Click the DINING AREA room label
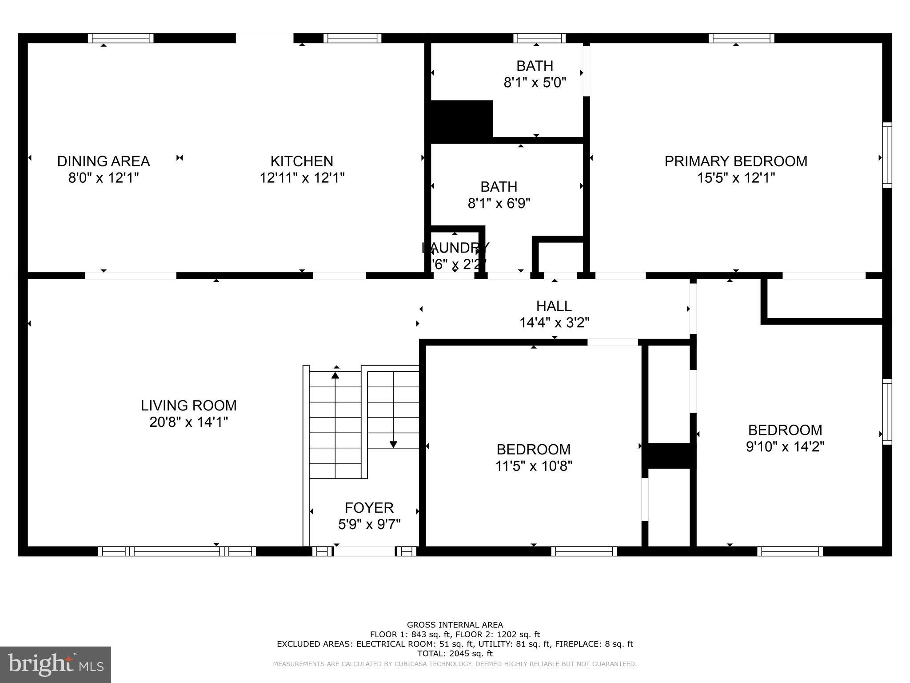click(103, 161)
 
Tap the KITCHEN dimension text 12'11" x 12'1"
click(302, 178)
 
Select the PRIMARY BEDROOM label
click(736, 161)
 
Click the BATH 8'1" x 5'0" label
click(535, 74)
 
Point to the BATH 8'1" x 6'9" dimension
click(499, 204)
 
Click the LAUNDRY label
click(455, 247)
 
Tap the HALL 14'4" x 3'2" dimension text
click(554, 322)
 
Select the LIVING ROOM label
click(189, 406)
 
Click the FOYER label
click(369, 507)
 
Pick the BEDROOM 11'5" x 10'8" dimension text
click(534, 466)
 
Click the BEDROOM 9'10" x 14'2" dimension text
click(785, 446)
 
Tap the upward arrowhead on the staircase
click(335, 376)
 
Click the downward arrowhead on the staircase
click(393, 444)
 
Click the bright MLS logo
click(56, 664)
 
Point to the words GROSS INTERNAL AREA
click(455, 625)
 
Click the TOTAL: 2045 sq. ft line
click(455, 653)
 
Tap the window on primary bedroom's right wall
click(887, 155)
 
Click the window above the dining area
click(120, 38)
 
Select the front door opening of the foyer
click(364, 551)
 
